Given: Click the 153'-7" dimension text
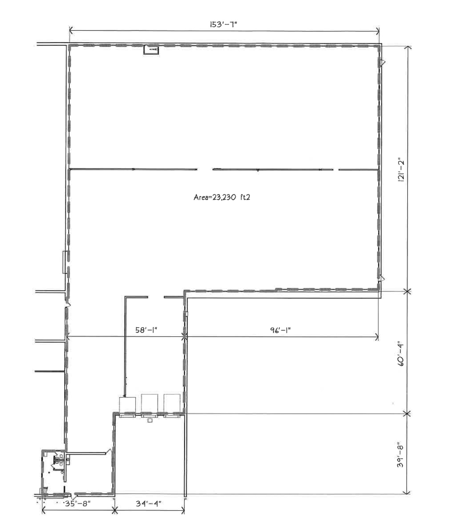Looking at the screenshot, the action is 223,25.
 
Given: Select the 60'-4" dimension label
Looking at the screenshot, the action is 401,353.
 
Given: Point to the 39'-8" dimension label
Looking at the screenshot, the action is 400,455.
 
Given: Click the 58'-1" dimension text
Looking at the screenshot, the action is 146,330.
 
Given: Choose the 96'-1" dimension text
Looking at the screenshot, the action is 280,330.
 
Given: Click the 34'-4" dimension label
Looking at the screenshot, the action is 149,504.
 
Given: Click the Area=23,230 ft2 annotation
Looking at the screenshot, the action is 222,197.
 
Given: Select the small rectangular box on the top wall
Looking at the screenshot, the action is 151,50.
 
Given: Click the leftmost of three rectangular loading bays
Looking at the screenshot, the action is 127,407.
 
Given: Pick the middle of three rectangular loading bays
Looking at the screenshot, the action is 150,405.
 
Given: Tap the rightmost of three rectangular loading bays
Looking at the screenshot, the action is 172,405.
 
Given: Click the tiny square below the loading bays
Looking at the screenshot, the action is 150,421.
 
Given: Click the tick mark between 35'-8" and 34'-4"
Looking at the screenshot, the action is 114,510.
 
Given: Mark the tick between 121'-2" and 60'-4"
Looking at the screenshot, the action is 407,291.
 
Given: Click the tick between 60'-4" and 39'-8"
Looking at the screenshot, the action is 407,414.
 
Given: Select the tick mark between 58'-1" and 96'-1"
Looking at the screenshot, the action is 184,337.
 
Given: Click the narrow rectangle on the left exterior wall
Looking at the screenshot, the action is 65,262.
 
